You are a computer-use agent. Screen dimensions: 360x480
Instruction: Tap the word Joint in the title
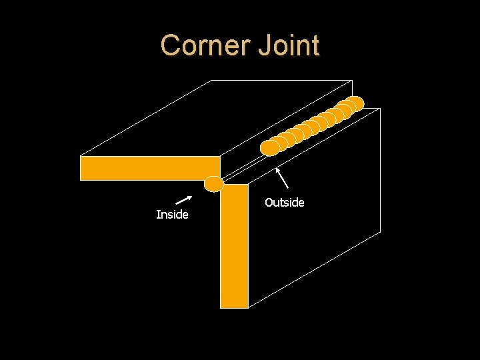point(291,45)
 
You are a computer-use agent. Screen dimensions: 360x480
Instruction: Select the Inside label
point(172,215)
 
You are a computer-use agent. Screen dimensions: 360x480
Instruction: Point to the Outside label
point(284,202)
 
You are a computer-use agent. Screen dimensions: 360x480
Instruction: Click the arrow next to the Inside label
point(184,199)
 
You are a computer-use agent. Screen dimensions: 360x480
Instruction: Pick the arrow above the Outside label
point(283,178)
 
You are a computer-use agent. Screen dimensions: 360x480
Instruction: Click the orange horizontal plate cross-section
point(150,168)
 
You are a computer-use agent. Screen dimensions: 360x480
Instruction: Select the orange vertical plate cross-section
point(235,247)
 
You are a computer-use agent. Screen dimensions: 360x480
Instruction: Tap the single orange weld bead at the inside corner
point(214,183)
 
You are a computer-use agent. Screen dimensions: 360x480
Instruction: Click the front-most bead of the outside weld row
point(269,147)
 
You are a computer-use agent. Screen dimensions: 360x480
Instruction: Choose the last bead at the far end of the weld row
point(356,103)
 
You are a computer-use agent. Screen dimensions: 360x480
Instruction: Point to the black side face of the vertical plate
point(313,213)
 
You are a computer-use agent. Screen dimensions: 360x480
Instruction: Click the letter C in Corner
point(171,45)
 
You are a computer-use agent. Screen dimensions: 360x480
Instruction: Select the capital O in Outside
point(269,202)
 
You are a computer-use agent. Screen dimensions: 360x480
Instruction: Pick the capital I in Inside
point(157,215)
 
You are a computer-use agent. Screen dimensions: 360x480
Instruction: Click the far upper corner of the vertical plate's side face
point(380,108)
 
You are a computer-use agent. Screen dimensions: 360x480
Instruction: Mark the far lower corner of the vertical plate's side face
point(380,231)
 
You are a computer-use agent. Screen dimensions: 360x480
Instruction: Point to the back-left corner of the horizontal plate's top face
point(211,81)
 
